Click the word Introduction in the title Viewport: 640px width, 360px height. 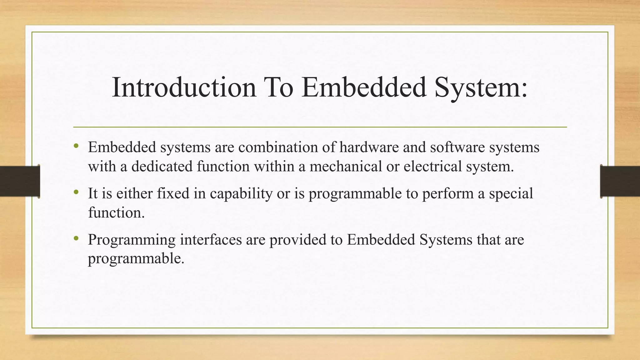tap(184, 87)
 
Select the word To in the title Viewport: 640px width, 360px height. tap(279, 87)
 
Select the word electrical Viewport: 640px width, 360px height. tap(432, 166)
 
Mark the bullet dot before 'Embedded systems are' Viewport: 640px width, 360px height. tap(76, 146)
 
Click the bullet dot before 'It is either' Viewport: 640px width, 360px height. tap(76, 192)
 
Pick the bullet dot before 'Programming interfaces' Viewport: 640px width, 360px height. tap(76, 238)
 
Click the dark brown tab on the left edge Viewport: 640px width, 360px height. tap(20, 181)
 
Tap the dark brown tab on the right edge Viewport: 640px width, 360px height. tap(620, 181)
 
